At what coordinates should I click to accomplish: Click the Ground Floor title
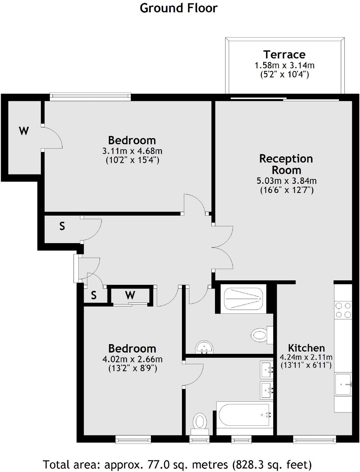click(178, 8)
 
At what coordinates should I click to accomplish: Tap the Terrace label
click(284, 54)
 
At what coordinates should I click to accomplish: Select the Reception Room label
click(286, 164)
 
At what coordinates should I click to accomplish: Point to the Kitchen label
click(306, 348)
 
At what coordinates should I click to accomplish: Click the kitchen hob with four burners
click(343, 310)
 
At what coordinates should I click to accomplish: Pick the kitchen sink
click(343, 384)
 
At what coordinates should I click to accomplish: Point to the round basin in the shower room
click(204, 347)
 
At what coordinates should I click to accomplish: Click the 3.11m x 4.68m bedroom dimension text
click(132, 151)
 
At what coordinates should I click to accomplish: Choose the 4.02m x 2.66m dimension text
click(132, 359)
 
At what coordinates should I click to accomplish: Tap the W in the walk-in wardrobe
click(24, 131)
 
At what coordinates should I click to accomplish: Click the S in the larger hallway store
click(62, 226)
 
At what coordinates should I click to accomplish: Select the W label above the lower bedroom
click(130, 295)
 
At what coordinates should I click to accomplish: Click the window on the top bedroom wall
click(90, 96)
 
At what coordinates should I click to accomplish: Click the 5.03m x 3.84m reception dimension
click(287, 181)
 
